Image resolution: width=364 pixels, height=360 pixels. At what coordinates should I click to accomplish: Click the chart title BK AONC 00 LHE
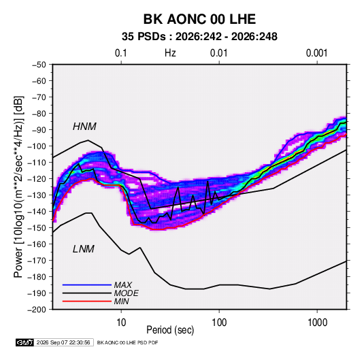[199, 19]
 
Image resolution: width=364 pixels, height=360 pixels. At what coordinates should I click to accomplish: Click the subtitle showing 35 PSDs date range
[199, 37]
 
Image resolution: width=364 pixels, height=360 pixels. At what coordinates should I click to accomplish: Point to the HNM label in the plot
[84, 127]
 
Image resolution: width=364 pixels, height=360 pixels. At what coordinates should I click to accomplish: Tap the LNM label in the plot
[84, 249]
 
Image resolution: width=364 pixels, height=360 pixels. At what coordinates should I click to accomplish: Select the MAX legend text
[122, 284]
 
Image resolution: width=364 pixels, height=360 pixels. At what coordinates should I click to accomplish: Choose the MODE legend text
[126, 293]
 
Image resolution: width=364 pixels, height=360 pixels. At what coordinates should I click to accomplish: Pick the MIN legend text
[121, 301]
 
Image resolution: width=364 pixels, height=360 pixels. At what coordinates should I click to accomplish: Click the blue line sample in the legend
[87, 284]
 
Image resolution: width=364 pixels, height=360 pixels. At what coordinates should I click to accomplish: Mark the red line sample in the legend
[87, 301]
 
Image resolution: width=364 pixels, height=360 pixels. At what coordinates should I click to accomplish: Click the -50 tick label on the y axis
[39, 65]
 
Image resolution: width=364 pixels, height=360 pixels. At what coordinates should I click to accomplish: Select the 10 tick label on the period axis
[121, 323]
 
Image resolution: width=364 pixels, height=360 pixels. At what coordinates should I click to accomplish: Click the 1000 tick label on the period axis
[317, 323]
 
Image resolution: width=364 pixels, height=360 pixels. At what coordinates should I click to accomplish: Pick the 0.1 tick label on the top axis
[121, 53]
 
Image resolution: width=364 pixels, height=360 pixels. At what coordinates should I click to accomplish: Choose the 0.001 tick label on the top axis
[316, 53]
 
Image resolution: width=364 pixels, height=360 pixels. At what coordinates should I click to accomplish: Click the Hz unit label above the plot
[170, 53]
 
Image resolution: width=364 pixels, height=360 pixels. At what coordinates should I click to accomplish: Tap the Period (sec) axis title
[170, 330]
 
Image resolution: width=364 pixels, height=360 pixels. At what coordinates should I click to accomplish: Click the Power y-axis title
[19, 187]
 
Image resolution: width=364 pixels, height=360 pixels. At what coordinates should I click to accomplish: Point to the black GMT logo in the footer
[25, 342]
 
